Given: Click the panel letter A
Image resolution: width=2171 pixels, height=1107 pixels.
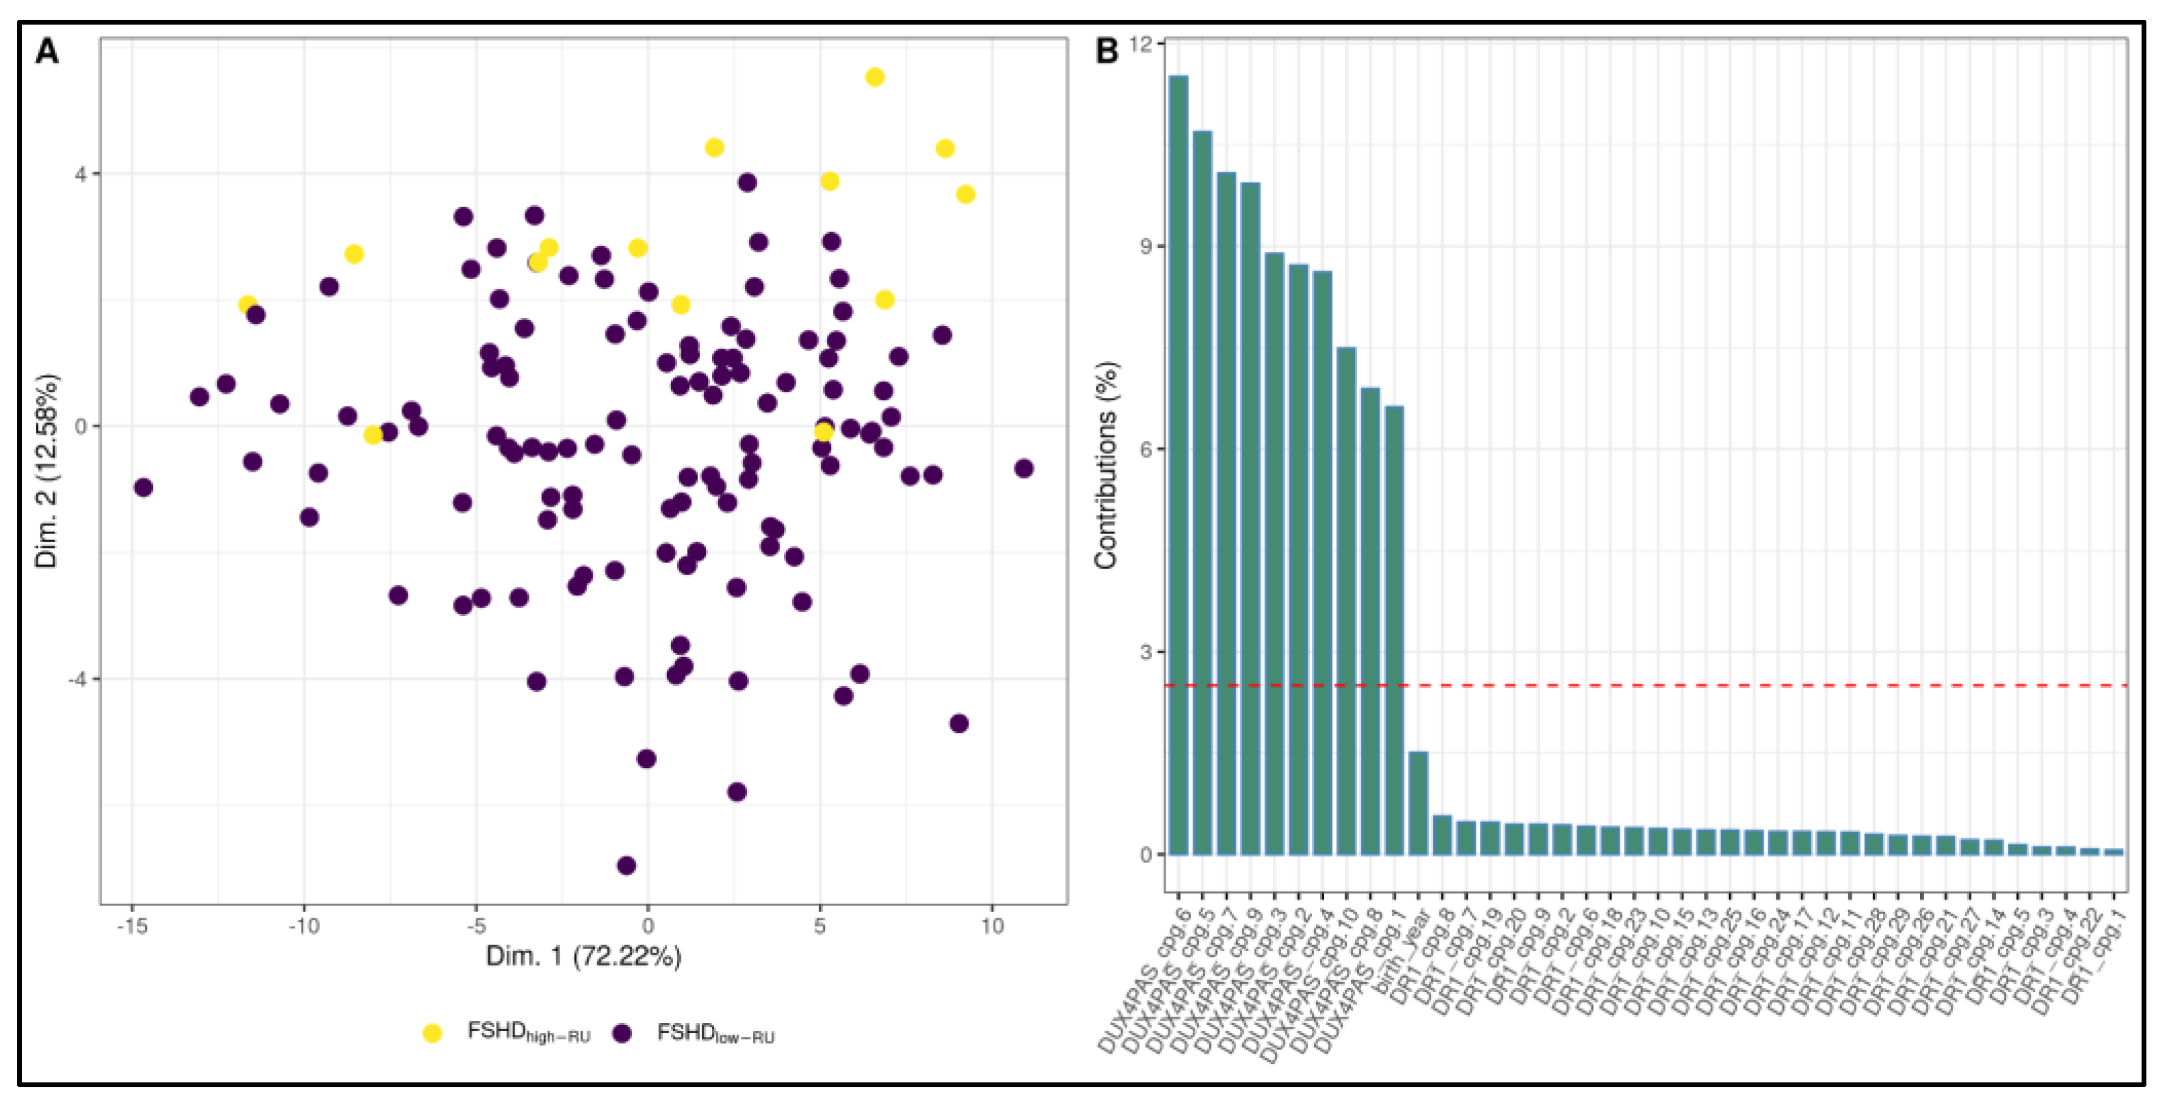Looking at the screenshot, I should pyautogui.click(x=47, y=52).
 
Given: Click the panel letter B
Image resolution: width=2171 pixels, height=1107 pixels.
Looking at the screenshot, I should pyautogui.click(x=1107, y=52).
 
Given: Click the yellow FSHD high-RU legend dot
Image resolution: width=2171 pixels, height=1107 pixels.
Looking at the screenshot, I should pyautogui.click(x=432, y=1034).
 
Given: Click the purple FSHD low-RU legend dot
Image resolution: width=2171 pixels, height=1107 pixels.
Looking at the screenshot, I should pyautogui.click(x=622, y=1034).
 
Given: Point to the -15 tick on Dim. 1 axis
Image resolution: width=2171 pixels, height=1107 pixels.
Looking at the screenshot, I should pyautogui.click(x=132, y=926).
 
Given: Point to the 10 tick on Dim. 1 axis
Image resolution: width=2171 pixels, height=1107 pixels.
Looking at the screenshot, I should pyautogui.click(x=992, y=926).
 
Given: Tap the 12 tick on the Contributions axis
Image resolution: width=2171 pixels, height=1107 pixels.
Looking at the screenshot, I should pyautogui.click(x=1140, y=44).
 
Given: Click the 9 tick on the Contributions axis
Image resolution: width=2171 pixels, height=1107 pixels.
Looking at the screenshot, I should pyautogui.click(x=1144, y=246).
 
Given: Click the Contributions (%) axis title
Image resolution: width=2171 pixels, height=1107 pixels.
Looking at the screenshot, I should pyautogui.click(x=1106, y=465).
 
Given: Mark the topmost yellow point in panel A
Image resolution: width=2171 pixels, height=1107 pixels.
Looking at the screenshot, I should pyautogui.click(x=875, y=77).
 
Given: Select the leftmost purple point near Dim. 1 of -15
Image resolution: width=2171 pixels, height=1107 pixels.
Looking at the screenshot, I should pyautogui.click(x=143, y=488).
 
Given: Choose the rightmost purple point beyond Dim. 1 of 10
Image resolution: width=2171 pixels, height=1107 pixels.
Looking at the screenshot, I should pyautogui.click(x=1024, y=468).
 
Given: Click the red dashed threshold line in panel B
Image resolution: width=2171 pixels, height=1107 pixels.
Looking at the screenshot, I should pyautogui.click(x=1770, y=686).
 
